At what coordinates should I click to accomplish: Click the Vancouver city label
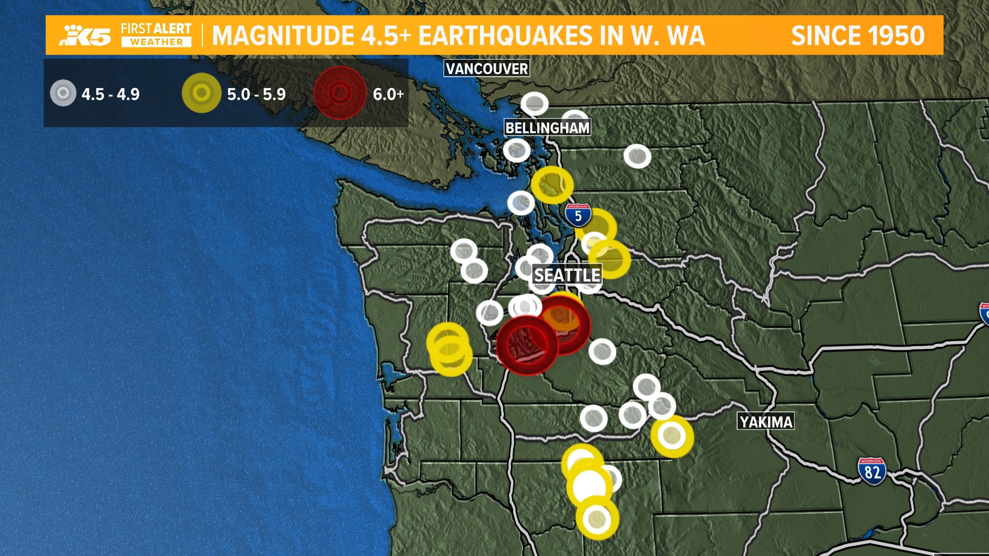tap(487, 68)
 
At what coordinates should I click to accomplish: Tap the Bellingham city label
tap(547, 128)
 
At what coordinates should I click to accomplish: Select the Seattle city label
tap(567, 275)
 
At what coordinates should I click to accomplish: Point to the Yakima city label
tap(765, 422)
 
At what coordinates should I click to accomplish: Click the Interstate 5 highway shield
tap(578, 215)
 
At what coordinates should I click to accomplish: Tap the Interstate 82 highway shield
tap(872, 471)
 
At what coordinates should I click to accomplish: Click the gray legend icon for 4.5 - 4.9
tap(63, 93)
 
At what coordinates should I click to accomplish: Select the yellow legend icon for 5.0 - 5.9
tap(201, 93)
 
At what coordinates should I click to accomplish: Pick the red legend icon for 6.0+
tap(340, 93)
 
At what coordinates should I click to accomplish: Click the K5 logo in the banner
tap(87, 35)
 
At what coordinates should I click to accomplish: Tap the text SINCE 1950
tap(858, 36)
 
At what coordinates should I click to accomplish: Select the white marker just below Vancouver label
tap(534, 103)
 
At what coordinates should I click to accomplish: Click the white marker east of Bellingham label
tap(637, 156)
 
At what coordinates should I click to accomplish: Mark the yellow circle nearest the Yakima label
tap(672, 436)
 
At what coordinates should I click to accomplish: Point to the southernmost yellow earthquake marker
tap(597, 518)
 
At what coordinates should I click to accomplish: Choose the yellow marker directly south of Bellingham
tap(552, 184)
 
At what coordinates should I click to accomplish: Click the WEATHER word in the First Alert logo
tap(156, 42)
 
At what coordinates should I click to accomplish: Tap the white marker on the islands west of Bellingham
tap(516, 150)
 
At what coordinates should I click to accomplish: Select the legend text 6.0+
tap(388, 94)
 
